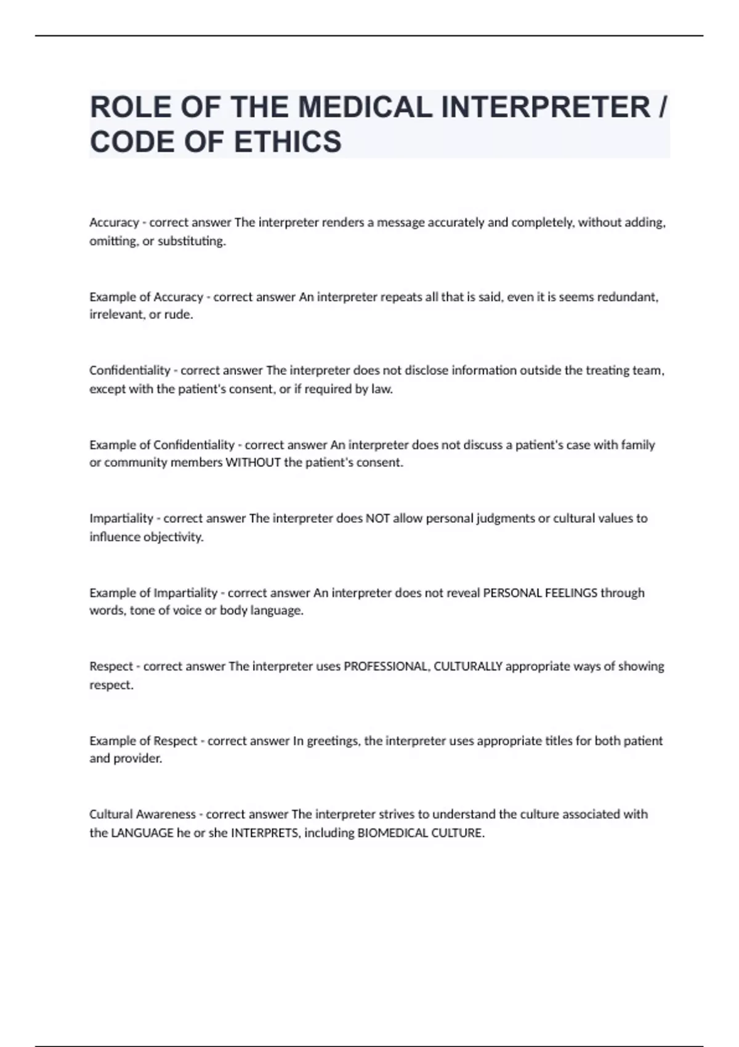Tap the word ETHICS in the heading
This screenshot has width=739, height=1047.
point(288,142)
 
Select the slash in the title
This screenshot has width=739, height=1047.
point(662,108)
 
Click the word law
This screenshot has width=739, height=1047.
point(381,389)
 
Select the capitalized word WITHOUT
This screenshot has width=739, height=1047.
point(253,463)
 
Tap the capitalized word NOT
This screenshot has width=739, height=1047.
point(378,519)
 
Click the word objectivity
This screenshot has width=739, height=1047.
point(173,537)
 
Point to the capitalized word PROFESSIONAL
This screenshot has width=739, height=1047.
point(386,666)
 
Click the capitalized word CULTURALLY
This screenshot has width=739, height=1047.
point(468,666)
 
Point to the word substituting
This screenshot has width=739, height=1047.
point(192,241)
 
